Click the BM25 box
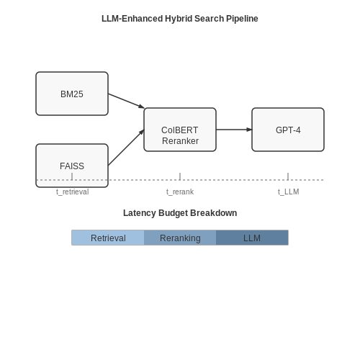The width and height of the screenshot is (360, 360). pyautogui.click(x=72, y=94)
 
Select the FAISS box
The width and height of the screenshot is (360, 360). pyautogui.click(x=72, y=166)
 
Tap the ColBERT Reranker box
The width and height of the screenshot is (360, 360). pyautogui.click(x=180, y=130)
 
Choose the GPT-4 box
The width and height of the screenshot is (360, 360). pyautogui.click(x=288, y=130)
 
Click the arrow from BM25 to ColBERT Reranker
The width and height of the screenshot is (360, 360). pyautogui.click(x=126, y=101)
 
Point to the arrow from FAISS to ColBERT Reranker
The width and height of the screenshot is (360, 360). pyautogui.click(x=126, y=148)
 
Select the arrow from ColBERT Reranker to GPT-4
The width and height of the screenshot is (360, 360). pyautogui.click(x=234, y=130)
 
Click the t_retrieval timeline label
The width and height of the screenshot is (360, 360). pyautogui.click(x=73, y=192)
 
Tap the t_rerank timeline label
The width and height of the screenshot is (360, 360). pyautogui.click(x=180, y=192)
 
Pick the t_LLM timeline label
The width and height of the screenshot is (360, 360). pyautogui.click(x=289, y=192)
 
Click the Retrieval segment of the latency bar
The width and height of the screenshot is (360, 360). pyautogui.click(x=108, y=238)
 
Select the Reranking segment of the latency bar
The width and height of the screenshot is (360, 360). pyautogui.click(x=180, y=238)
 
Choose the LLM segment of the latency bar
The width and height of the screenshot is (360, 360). pyautogui.click(x=252, y=238)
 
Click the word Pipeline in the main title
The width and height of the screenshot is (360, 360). pyautogui.click(x=242, y=19)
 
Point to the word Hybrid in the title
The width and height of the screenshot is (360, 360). pyautogui.click(x=179, y=19)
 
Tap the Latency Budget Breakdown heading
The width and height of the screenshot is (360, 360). pyautogui.click(x=180, y=213)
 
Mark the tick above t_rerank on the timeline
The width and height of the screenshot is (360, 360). pyautogui.click(x=180, y=176)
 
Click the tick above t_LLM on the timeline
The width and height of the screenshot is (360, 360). pyautogui.click(x=288, y=176)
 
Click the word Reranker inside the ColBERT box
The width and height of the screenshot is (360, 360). pyautogui.click(x=180, y=141)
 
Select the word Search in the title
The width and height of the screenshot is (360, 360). pyautogui.click(x=209, y=19)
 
